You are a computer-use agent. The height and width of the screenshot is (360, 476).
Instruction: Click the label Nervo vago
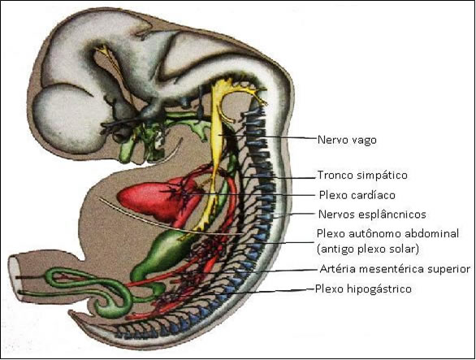tap(347, 140)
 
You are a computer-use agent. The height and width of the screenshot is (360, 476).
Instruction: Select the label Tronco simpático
tap(362, 176)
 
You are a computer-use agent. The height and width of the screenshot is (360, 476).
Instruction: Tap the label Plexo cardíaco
tap(357, 195)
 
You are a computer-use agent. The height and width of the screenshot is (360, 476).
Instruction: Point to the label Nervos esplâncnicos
tap(372, 215)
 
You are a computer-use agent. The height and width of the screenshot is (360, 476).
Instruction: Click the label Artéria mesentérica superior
tap(395, 269)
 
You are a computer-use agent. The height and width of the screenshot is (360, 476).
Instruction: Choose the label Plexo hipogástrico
tap(363, 288)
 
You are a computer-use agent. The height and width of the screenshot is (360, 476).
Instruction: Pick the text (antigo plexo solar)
tap(368, 249)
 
